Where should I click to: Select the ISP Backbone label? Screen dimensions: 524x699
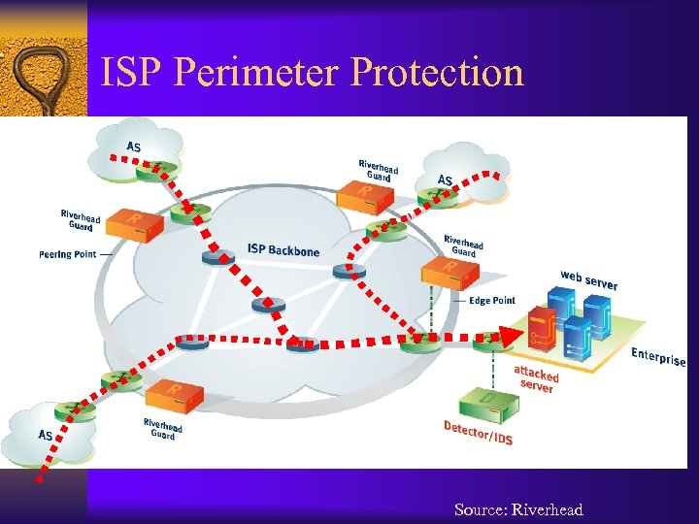tap(283, 250)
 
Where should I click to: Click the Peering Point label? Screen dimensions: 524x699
tap(68, 254)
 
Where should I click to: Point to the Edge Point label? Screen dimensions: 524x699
tap(492, 300)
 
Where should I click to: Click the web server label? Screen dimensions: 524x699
tap(588, 279)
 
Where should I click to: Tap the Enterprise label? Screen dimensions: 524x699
tap(658, 356)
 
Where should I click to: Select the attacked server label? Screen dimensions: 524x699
tap(536, 378)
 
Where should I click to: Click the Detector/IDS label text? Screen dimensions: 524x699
tap(479, 433)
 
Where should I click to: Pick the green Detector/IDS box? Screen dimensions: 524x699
tap(490, 402)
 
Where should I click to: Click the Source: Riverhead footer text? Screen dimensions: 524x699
tap(518, 509)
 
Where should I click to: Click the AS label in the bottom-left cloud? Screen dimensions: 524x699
tap(46, 435)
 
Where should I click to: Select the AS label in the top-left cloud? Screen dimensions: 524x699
tap(133, 147)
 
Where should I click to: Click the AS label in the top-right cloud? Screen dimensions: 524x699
tap(446, 180)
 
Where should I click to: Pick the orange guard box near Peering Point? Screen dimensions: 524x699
tap(134, 224)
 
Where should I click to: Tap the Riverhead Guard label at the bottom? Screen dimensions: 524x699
tap(163, 428)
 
